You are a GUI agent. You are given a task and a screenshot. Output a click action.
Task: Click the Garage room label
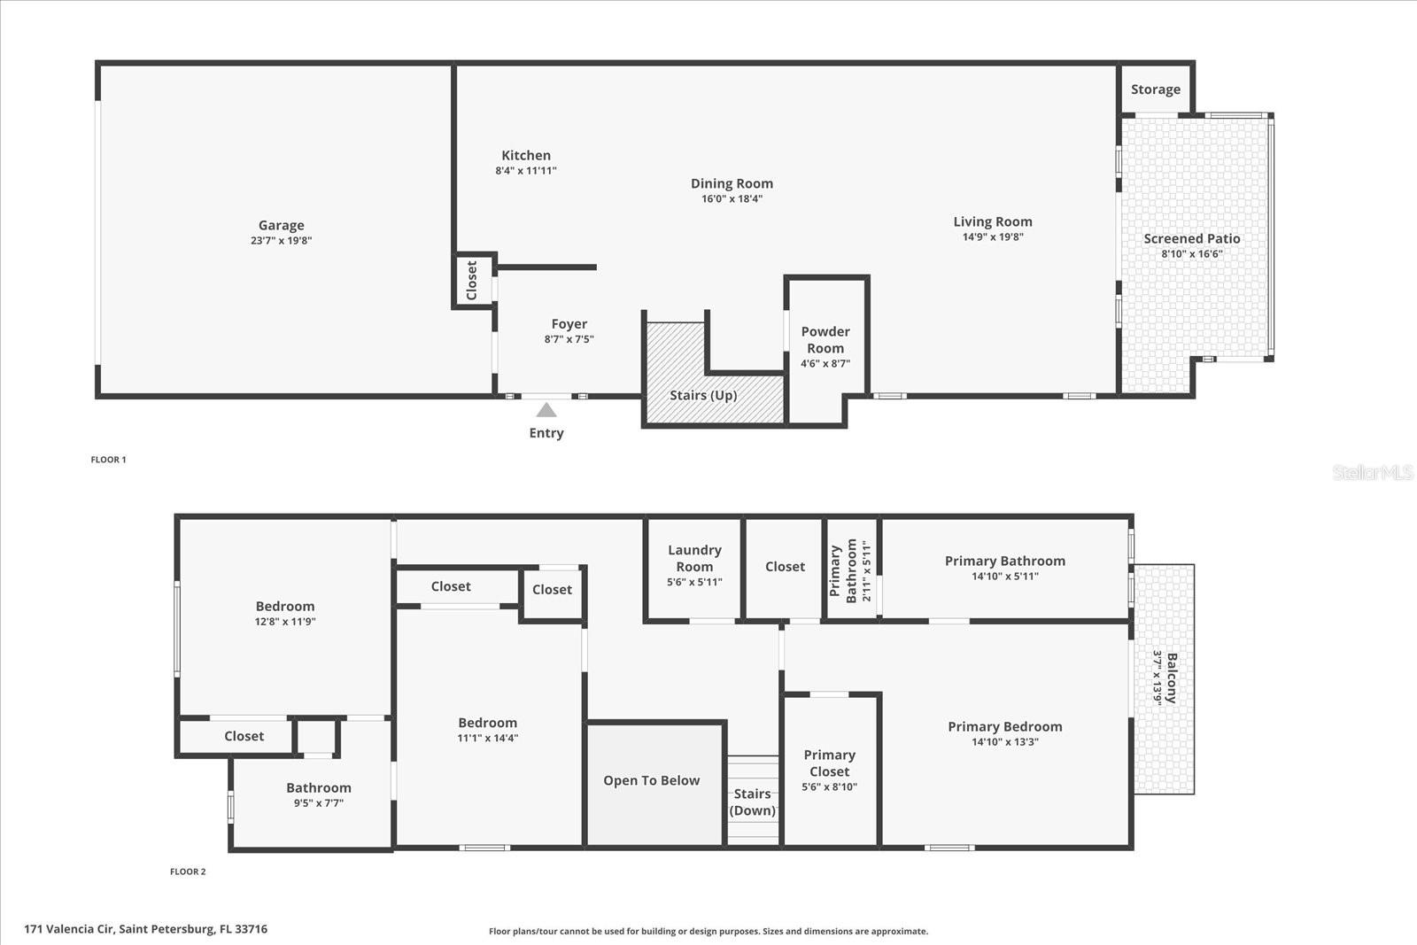[281, 226]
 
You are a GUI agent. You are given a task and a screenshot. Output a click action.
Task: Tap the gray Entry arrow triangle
[546, 410]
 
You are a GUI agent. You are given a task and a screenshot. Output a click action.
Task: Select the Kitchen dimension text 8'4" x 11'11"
[526, 171]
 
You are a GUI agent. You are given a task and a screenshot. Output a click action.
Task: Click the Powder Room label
[825, 340]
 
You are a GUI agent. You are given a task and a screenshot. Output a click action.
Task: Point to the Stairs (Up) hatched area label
[703, 395]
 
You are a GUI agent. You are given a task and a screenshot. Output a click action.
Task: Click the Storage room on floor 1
[1156, 89]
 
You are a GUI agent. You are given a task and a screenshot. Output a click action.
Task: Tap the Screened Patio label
[1191, 238]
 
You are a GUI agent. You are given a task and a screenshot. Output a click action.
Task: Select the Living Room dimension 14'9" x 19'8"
[993, 237]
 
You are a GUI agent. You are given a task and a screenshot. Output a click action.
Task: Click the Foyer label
[569, 324]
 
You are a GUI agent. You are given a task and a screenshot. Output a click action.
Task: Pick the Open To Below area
[652, 780]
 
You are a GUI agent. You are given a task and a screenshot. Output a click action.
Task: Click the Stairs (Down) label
[752, 802]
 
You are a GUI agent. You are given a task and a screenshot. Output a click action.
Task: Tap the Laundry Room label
[694, 558]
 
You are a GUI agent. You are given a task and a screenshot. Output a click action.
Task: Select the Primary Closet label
[829, 763]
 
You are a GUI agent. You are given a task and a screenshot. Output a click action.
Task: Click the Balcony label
[1171, 678]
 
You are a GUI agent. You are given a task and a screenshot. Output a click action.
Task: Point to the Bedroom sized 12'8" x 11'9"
[285, 607]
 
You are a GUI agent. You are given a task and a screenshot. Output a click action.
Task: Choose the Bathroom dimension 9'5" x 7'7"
[319, 803]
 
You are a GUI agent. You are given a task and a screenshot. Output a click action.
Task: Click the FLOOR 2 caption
[188, 871]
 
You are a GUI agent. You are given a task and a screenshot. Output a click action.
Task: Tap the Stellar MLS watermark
[1372, 473]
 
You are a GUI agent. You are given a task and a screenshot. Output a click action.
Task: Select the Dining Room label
[732, 183]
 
